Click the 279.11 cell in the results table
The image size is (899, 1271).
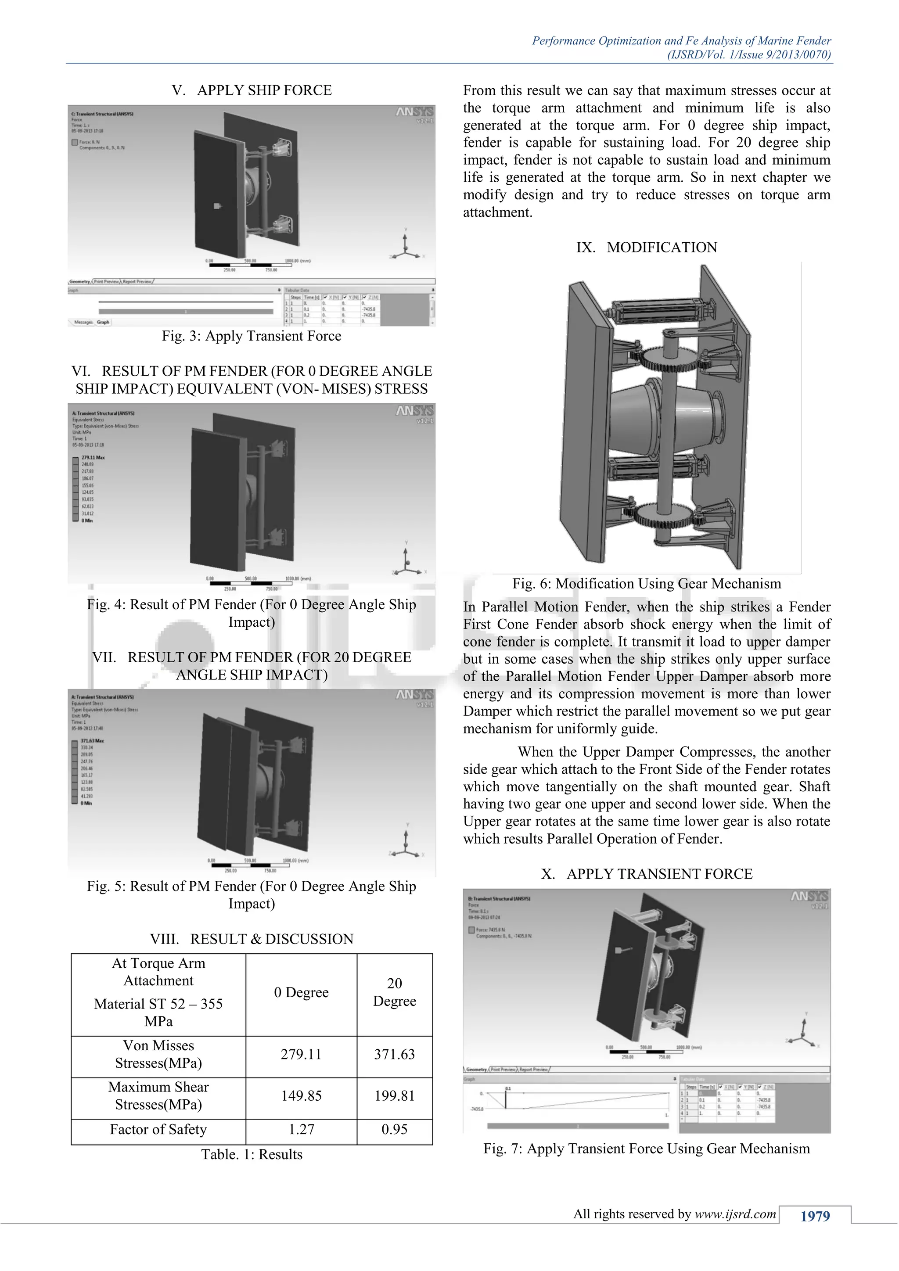301,1054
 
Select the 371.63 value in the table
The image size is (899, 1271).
394,1054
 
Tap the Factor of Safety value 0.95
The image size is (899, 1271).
394,1129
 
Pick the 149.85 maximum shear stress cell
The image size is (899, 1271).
301,1095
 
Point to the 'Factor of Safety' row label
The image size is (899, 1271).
158,1129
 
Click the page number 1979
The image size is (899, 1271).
815,1216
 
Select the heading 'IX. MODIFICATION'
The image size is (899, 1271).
646,248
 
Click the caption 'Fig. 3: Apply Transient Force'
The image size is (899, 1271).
252,336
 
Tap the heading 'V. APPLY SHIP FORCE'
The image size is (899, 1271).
252,90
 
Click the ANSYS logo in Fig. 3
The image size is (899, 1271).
414,113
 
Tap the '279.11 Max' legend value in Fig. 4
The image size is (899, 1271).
93,458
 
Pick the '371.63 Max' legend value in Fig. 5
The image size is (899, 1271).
92,741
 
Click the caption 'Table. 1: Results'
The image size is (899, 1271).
252,1154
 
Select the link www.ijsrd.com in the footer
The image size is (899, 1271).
736,1214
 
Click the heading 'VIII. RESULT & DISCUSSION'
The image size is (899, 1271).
252,939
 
